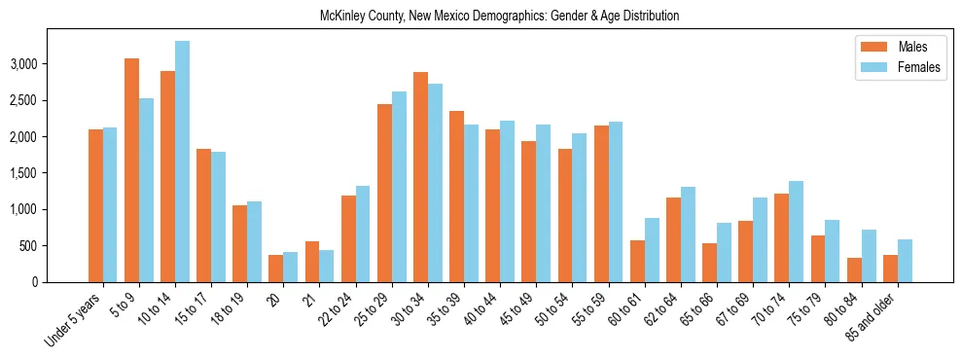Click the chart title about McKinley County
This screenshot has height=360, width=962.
tap(499, 17)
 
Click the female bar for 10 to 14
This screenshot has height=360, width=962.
tap(182, 162)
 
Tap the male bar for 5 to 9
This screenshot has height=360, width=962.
tap(131, 170)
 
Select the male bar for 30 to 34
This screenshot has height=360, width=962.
tap(420, 177)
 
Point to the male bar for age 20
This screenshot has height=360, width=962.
tap(276, 269)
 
